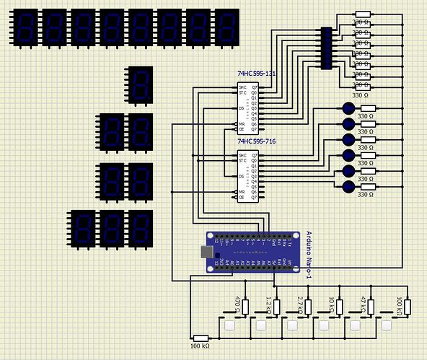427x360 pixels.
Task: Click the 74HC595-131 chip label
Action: [x=257, y=74]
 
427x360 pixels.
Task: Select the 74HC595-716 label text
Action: [x=257, y=142]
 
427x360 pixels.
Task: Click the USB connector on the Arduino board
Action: [x=208, y=253]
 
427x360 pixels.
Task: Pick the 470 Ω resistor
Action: [x=245, y=307]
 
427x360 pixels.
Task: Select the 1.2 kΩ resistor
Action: [x=276, y=307]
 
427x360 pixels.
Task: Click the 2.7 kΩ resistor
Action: [x=307, y=307]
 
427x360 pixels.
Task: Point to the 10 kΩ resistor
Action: [x=339, y=307]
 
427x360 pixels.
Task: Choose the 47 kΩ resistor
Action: [x=371, y=307]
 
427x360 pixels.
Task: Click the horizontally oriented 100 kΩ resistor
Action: [x=201, y=338]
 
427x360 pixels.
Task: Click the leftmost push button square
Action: [x=230, y=325]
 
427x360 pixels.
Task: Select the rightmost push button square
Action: [x=389, y=325]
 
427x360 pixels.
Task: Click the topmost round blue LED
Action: [x=349, y=108]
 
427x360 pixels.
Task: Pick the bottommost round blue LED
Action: [x=349, y=187]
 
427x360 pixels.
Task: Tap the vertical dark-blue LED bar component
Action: [x=326, y=48]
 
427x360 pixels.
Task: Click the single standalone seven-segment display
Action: [x=139, y=84]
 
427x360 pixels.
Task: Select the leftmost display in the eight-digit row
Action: [x=25, y=28]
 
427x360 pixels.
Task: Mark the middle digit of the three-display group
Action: [x=111, y=229]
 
